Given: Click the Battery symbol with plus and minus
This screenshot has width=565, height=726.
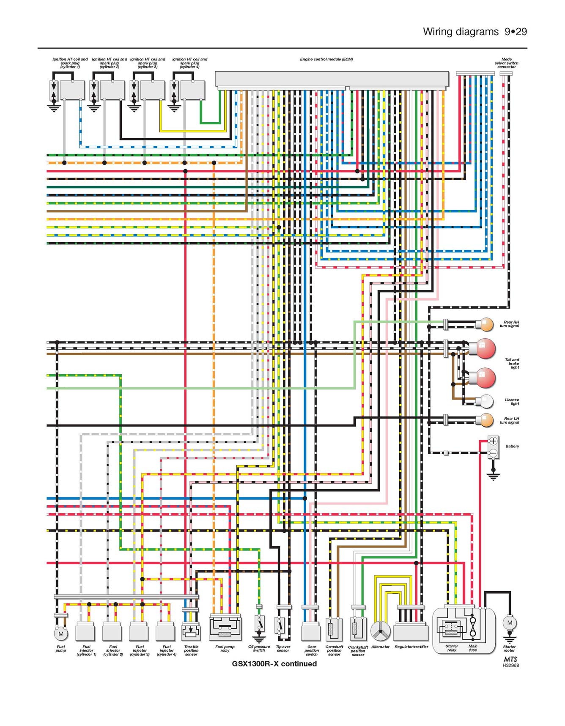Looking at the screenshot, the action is tap(493, 447).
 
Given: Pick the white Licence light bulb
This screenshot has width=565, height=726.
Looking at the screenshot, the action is tap(485, 401).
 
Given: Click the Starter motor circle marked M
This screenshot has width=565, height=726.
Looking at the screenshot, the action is tap(510, 623).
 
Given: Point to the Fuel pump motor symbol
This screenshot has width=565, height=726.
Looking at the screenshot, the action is tap(61, 634).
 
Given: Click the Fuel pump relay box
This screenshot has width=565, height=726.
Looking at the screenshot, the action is tap(225, 628).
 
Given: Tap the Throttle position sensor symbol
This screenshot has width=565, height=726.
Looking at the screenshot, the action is tap(191, 632).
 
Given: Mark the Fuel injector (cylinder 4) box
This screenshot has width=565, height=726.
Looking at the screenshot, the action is tap(165, 632).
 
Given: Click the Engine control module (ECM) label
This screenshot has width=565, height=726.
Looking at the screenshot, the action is tap(326, 59).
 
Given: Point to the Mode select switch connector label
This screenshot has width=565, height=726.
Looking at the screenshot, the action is tap(506, 63).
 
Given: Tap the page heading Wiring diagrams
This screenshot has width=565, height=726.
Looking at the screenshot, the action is tap(461, 32).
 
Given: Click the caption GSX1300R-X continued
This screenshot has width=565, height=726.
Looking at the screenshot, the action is tap(274, 663).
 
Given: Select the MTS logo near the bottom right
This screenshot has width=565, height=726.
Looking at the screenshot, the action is tap(510, 659).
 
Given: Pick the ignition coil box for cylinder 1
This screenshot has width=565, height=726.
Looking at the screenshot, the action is tap(72, 90).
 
